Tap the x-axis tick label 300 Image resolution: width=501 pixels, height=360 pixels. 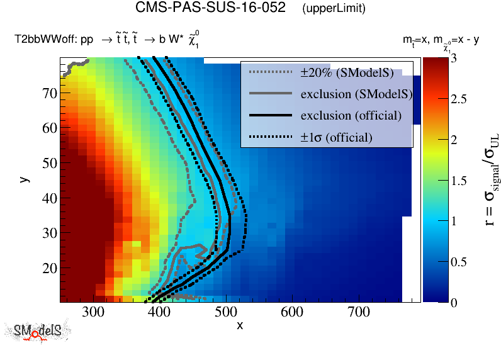click(x=93, y=313)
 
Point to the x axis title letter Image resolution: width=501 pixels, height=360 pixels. click(x=239, y=325)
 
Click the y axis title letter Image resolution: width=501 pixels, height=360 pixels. click(x=25, y=179)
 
